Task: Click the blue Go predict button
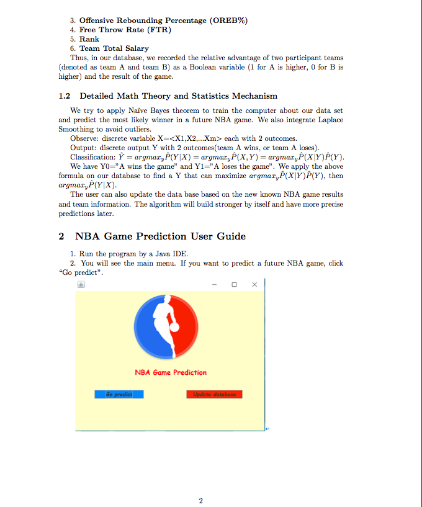119,394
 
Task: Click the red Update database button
214,394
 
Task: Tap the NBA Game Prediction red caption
171,372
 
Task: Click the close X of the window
254,285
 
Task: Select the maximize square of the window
234,285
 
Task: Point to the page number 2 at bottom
200,500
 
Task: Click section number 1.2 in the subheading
65,96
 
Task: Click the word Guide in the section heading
229,236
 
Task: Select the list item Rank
89,38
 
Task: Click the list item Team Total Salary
114,48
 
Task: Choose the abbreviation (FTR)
159,30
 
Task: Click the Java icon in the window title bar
80,285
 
